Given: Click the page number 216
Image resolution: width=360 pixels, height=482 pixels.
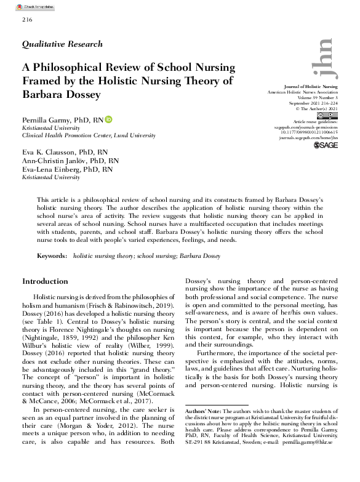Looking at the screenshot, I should [x=26, y=20].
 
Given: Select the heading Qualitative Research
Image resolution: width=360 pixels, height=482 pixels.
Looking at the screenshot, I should [x=62, y=44].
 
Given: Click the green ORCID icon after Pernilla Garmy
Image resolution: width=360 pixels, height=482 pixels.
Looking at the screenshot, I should [x=109, y=119].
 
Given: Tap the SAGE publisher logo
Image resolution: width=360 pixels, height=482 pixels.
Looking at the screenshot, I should [x=326, y=147].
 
